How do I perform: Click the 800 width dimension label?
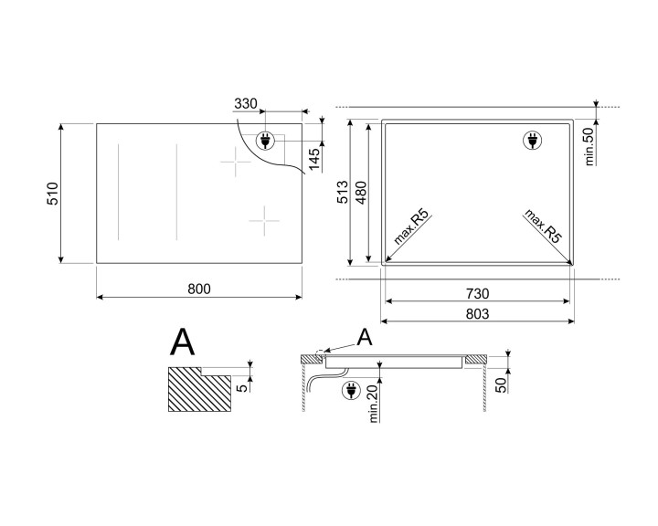pos(199,289)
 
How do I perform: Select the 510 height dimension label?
pos(53,194)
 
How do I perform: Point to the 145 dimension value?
pos(315,157)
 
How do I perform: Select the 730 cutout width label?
pos(477,294)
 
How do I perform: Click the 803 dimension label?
pos(477,313)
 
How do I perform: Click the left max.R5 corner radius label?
pos(411,228)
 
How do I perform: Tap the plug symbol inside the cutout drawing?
pos(530,141)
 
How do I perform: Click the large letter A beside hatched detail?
pos(183,343)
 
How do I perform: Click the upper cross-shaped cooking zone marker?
pos(235,163)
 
